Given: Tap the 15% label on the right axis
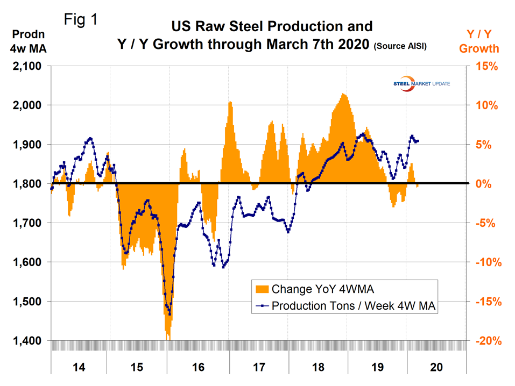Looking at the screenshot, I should point(487,67).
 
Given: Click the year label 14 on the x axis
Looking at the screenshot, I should point(79,367).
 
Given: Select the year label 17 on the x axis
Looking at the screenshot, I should point(259,367).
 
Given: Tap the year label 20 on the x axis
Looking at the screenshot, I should point(438,367).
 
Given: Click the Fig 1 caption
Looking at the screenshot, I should point(81,20).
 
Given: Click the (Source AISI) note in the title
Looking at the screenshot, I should point(400,47).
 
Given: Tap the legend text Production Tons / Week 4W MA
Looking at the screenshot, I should point(353,306).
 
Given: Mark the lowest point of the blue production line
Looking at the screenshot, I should point(170,314).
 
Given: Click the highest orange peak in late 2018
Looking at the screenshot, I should point(343,94).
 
